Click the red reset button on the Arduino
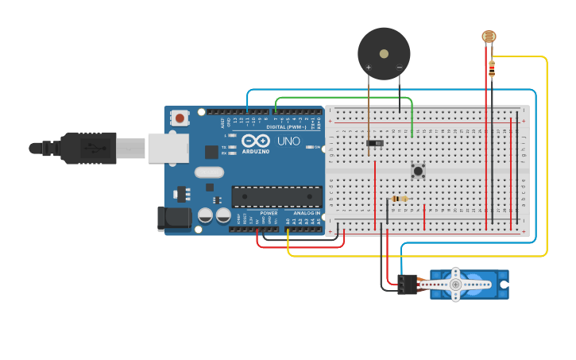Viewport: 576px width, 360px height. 180,118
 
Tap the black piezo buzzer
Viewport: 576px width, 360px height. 384,53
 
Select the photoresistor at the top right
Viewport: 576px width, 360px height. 489,36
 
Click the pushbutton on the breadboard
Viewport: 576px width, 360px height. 417,171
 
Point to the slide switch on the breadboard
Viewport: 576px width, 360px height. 374,143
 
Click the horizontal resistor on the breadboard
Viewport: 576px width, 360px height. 400,199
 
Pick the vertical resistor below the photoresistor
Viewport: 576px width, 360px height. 492,69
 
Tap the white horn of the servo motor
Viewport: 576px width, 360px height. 455,284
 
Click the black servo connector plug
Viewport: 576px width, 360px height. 408,284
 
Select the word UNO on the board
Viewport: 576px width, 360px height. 288,141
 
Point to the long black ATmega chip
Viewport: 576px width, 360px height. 276,196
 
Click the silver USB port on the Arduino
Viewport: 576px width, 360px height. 169,148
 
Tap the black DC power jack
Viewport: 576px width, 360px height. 175,218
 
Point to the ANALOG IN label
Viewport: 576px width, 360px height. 306,213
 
